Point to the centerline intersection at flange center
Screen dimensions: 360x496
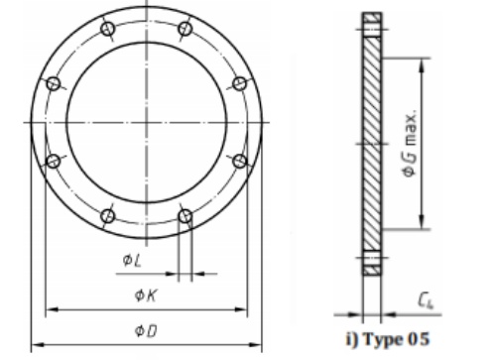[x=146, y=122]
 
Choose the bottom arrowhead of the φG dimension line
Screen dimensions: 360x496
[x=426, y=226]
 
